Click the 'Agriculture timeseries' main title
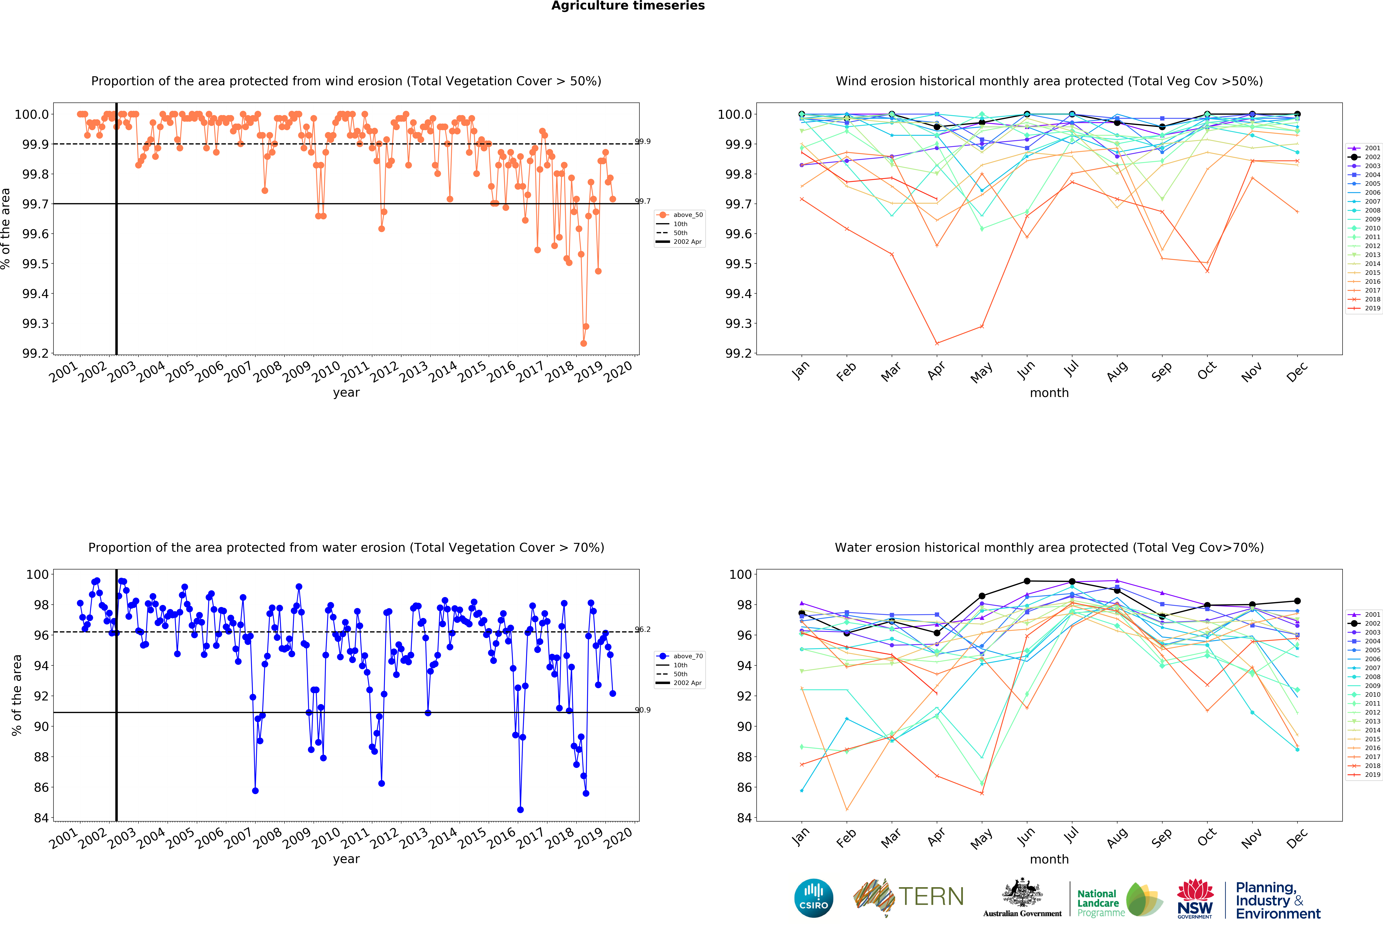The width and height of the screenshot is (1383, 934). coord(628,6)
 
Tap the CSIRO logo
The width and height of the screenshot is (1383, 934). coord(813,898)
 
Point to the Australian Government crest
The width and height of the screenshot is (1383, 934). coord(1022,892)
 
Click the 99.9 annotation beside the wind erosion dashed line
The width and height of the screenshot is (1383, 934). coord(643,142)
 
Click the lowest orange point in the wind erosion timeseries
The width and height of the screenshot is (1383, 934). coord(583,343)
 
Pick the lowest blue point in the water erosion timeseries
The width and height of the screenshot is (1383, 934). coord(520,810)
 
